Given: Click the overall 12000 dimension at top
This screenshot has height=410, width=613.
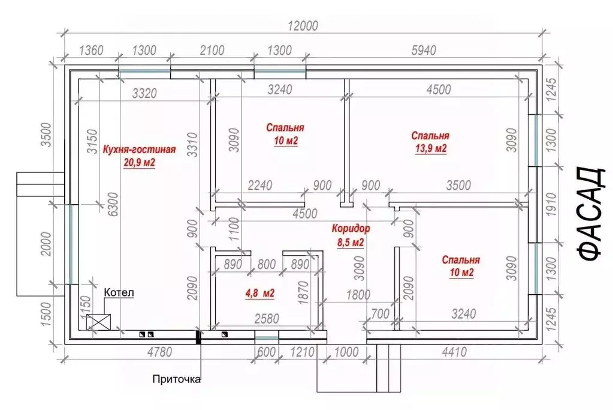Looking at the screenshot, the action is point(303,26).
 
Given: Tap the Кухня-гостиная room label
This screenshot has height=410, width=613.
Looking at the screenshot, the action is point(139,149).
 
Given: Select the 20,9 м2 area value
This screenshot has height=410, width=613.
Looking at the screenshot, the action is point(140,163).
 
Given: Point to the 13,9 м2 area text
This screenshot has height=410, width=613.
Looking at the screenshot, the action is point(431,148).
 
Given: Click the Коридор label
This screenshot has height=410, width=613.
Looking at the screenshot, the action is point(351,228).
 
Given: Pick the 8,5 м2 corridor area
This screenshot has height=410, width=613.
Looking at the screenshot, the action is point(351,243).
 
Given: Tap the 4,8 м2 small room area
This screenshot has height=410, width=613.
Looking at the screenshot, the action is point(260,293).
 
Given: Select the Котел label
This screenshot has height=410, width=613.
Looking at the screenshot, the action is point(119,292).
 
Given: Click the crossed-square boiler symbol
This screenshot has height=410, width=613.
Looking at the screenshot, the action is point(98,322).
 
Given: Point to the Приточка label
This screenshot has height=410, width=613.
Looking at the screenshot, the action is point(177,379).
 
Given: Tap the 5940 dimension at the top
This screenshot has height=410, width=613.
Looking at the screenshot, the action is point(424,50).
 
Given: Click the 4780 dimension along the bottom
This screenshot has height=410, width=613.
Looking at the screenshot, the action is point(159,352).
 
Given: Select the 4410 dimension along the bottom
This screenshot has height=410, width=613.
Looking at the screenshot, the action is point(454,352).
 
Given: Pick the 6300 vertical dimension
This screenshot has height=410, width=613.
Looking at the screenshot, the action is point(113,204).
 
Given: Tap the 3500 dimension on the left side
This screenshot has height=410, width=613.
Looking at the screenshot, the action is point(47,134).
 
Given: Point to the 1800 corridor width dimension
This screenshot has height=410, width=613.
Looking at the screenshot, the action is point(358,295).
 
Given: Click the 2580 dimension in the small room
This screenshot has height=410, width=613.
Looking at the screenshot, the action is point(267,319).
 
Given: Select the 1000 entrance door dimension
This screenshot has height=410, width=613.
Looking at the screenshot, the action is point(346,352).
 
